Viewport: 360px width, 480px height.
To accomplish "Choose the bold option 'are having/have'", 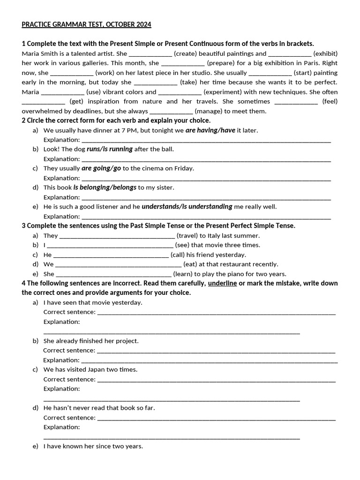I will [210, 130].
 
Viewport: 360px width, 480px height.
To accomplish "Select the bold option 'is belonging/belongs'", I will [105, 187].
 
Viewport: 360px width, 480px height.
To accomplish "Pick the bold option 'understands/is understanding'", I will [187, 206].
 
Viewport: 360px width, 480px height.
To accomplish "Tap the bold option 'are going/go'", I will [101, 168].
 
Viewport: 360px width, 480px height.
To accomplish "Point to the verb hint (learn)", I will [183, 274].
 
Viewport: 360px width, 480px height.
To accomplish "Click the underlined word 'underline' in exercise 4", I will [222, 284].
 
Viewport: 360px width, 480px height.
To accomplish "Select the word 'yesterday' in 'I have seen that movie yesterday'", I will [128, 302].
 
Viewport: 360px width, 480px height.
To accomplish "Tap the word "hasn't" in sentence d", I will [67, 408].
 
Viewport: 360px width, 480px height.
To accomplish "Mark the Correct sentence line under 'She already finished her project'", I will [216, 351].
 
